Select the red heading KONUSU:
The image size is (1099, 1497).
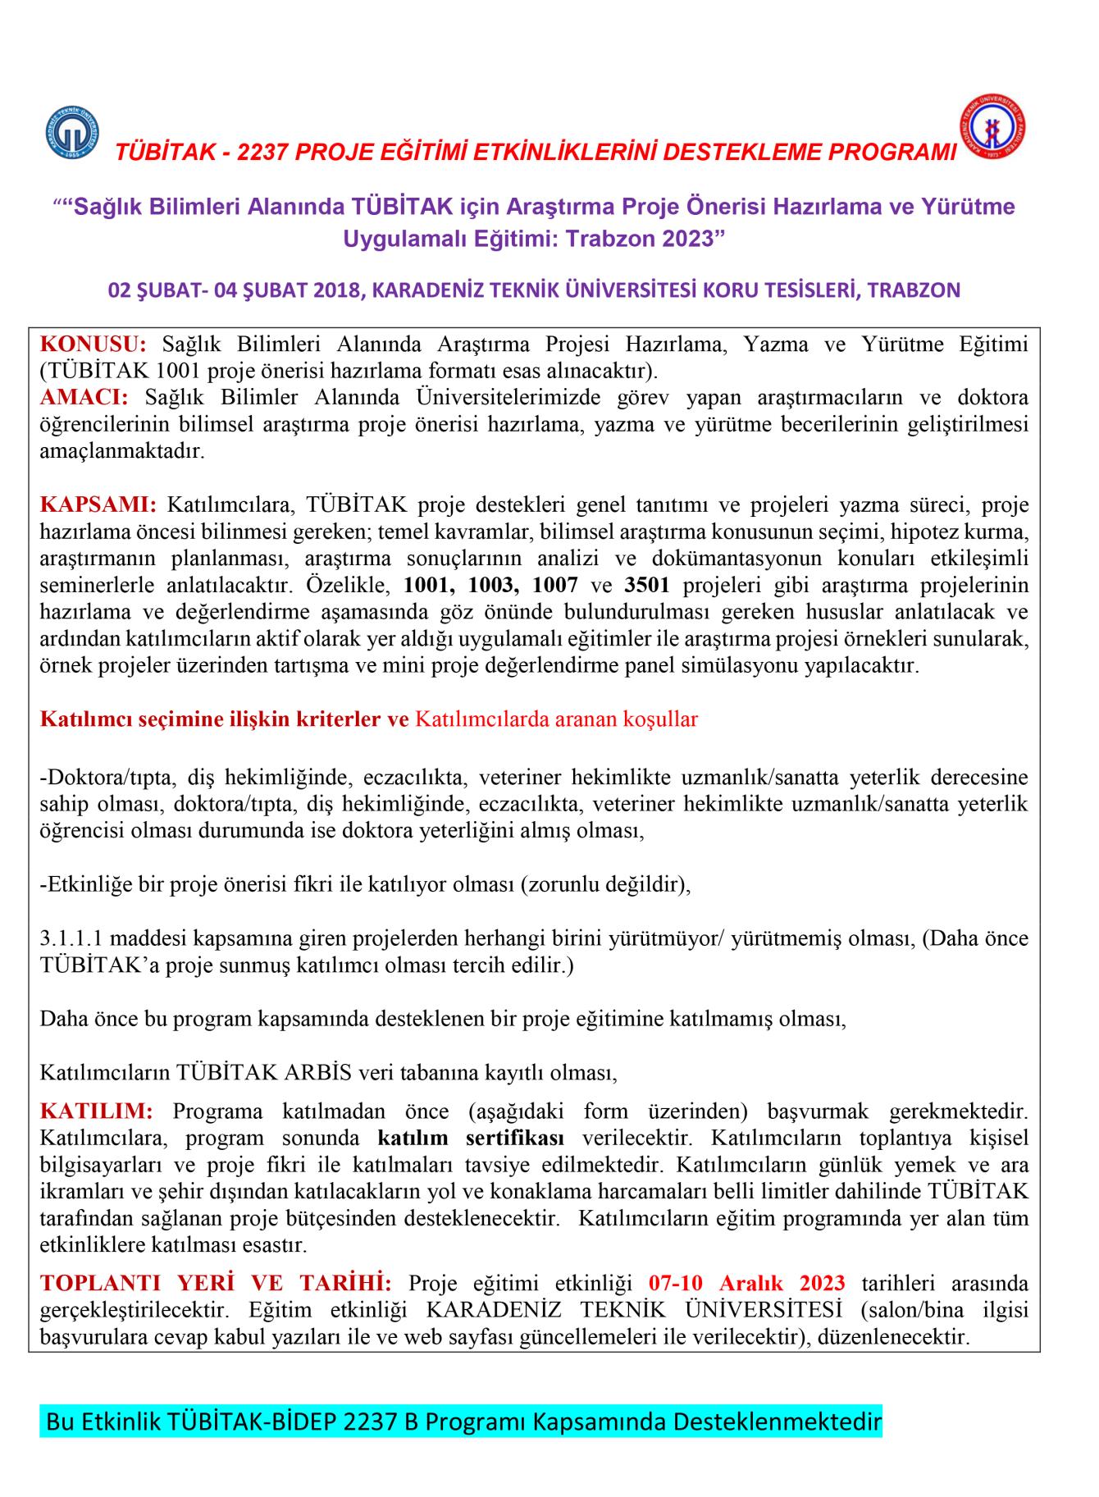[93, 344]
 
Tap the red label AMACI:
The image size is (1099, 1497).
[84, 398]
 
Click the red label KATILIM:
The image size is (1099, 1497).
[96, 1111]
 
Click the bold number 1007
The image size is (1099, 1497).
[555, 586]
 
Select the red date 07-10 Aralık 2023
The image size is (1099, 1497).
[746, 1283]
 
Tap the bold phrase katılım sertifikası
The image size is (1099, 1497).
[471, 1139]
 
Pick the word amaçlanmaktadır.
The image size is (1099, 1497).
[122, 451]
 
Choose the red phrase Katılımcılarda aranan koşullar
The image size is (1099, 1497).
[556, 719]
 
